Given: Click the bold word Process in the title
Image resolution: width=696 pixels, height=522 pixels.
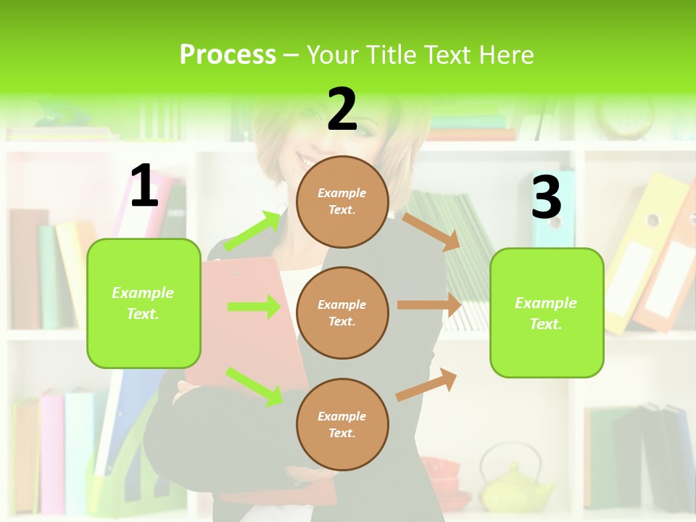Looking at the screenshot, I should pyautogui.click(x=228, y=55).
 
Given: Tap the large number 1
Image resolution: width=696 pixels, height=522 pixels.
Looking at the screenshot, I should pyautogui.click(x=144, y=186).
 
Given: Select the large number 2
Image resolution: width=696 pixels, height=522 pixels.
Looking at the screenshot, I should pyautogui.click(x=342, y=109).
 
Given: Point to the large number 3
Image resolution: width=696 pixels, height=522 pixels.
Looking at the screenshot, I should pyautogui.click(x=546, y=196).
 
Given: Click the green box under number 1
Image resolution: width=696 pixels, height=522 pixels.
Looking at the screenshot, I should pyautogui.click(x=144, y=303).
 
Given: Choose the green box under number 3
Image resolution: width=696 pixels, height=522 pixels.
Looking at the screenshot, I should pyautogui.click(x=547, y=312).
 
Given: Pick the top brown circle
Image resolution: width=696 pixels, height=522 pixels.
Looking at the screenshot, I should pyautogui.click(x=342, y=202).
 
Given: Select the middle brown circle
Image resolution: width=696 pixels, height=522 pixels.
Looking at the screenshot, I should pyautogui.click(x=342, y=312).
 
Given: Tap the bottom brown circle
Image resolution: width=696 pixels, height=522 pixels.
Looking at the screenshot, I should pyautogui.click(x=342, y=424).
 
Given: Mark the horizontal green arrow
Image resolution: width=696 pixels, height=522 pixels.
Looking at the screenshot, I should pyautogui.click(x=254, y=307).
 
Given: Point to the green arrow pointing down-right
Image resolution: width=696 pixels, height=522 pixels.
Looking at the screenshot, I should pyautogui.click(x=254, y=386).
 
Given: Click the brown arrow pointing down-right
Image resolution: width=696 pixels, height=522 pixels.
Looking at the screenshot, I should pyautogui.click(x=431, y=231).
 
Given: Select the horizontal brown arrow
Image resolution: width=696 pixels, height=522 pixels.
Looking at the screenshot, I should pyautogui.click(x=429, y=305).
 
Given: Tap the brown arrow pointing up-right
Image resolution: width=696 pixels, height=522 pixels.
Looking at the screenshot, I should pyautogui.click(x=426, y=384).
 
